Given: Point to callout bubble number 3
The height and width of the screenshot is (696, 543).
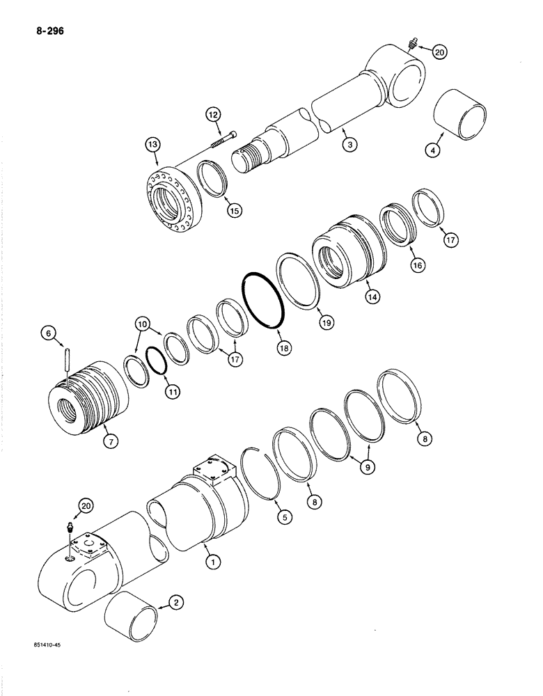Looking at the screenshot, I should pyautogui.click(x=349, y=145).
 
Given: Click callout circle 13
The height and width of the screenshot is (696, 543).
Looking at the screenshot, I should pyautogui.click(x=152, y=145).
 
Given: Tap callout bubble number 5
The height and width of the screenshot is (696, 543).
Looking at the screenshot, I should pyautogui.click(x=284, y=517).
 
